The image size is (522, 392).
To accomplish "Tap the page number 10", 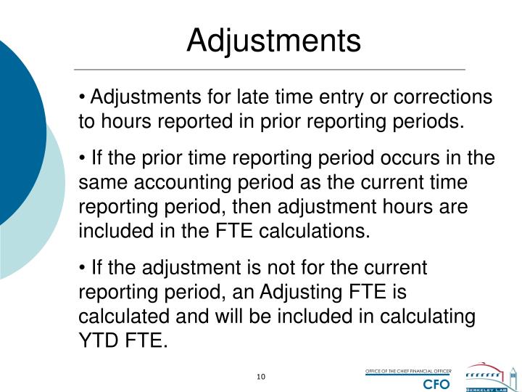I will pos(262,376).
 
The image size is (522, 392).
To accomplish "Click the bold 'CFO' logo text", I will pos(436,383).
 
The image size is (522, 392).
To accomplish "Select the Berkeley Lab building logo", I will pos(491,375).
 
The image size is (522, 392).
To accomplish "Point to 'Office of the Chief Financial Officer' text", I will pos(407,372).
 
